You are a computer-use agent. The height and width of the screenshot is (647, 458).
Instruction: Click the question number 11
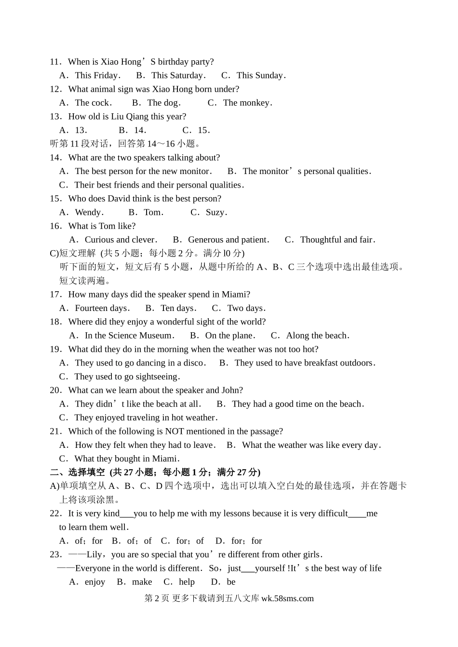55,62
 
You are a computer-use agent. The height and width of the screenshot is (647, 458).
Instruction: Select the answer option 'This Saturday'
177,75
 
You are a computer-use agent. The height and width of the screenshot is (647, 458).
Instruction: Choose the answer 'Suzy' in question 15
215,212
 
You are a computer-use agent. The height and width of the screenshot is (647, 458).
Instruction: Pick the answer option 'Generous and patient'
228,240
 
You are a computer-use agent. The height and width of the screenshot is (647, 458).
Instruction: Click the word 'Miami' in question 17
235,294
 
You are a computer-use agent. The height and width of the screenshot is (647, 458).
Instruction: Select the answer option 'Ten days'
177,308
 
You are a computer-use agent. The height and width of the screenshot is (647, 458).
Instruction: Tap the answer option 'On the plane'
229,336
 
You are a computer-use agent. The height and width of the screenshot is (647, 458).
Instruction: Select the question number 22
55,513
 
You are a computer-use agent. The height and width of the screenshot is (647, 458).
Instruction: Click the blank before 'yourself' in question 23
248,569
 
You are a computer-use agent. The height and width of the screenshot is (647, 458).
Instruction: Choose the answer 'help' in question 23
187,582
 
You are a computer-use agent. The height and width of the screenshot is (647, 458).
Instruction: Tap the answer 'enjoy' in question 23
94,582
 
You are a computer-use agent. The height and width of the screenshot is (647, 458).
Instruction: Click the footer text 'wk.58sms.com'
287,598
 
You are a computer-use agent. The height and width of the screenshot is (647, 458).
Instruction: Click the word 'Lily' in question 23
94,554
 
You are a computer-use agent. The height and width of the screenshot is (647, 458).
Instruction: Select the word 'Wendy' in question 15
88,212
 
